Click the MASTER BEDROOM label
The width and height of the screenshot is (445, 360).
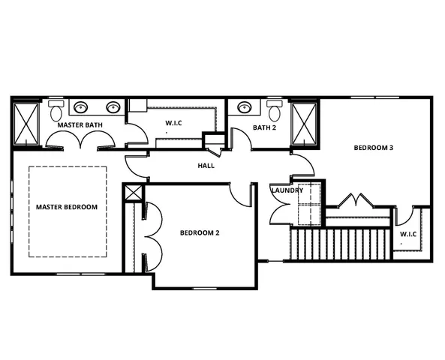point(67,206)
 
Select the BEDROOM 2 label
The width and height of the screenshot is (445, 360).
point(200,233)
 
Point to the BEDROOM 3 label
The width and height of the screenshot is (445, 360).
point(374,148)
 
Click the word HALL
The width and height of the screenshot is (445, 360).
point(206,165)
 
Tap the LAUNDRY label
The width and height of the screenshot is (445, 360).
point(287,190)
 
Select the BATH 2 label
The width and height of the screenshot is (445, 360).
point(263,127)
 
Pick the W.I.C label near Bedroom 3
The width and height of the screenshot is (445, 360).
point(408,234)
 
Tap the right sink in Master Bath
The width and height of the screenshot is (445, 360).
point(113,107)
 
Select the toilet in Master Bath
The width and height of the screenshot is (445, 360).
point(56,112)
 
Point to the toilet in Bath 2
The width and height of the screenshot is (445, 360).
point(275,112)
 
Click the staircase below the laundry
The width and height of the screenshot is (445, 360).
point(340,244)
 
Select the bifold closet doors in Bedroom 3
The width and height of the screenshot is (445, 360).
point(353,201)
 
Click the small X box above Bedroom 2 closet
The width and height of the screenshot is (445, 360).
point(133,192)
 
